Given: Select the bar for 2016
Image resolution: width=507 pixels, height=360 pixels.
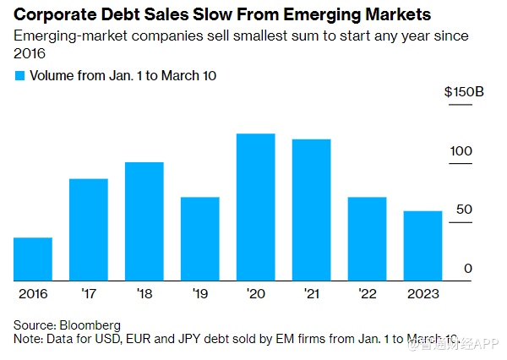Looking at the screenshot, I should pos(33,259).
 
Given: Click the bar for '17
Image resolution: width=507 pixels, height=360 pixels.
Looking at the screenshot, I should pos(89,229).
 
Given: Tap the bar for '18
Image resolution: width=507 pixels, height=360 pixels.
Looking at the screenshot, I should pos(144,221).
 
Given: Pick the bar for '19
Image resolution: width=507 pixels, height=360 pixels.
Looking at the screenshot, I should pos(200,238).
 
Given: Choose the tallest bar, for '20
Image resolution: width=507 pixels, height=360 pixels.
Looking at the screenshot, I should pos(256,207).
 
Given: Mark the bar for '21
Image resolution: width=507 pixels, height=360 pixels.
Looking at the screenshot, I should pos(312,210).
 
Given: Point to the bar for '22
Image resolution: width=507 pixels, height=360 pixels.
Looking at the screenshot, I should pos(368,238).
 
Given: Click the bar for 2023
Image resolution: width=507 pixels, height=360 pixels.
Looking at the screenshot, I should pos(422,245).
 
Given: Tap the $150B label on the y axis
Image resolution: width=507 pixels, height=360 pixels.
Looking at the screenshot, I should pos(464,92).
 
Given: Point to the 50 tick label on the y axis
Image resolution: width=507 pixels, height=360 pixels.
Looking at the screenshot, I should pos(463,210).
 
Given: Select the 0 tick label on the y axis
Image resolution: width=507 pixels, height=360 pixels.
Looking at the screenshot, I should pos(466,269).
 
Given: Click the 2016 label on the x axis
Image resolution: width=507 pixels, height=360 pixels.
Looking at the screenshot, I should pos(33,294).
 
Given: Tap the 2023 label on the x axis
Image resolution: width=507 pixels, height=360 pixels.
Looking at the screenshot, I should pos(422,294).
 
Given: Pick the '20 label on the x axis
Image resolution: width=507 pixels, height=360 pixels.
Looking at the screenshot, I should pos(255,294).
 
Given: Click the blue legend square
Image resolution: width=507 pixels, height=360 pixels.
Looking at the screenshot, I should pos(20,75).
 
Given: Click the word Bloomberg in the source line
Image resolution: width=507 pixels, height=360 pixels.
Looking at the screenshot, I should pos(89,325).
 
